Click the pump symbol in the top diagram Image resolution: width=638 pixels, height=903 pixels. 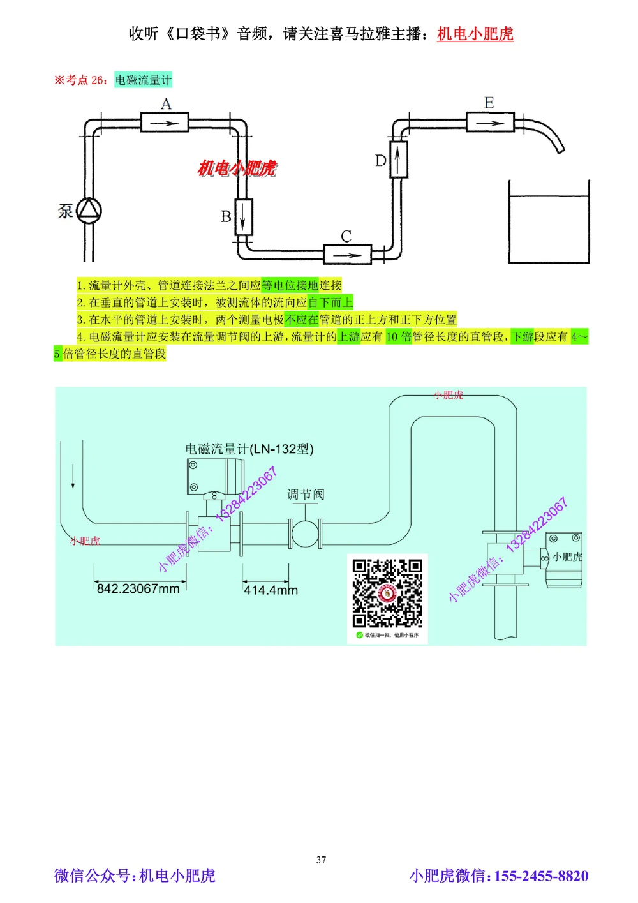pos(89,210)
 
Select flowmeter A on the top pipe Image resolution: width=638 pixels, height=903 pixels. pos(165,122)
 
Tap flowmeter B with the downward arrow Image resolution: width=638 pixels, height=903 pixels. pos(244,217)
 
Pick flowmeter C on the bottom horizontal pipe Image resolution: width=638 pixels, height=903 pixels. pos(347,255)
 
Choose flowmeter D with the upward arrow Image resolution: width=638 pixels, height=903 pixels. pos(398,159)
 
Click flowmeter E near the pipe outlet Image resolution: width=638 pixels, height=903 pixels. pos(489,122)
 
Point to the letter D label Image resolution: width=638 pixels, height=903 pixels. pos(380,160)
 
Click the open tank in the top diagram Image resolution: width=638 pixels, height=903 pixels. pos(549,223)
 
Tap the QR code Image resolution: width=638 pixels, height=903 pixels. pos(387,594)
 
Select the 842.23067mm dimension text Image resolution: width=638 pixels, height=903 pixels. pos(138,588)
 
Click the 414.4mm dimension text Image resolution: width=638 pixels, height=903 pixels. pos(271,590)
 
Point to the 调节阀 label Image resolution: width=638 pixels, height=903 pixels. pos(306,494)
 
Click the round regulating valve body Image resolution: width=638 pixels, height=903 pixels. pos(305,534)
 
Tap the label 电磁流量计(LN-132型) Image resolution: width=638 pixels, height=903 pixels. pos(249,449)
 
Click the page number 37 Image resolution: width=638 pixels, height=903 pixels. pos(321,860)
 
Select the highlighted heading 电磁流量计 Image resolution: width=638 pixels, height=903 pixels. pos(143,80)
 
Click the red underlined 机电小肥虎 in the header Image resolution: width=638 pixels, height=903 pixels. pos(475,34)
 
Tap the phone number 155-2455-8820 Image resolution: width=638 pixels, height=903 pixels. pos(541,876)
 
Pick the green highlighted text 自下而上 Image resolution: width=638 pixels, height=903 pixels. pos(330,302)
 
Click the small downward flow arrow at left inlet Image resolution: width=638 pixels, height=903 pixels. pos(73,477)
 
